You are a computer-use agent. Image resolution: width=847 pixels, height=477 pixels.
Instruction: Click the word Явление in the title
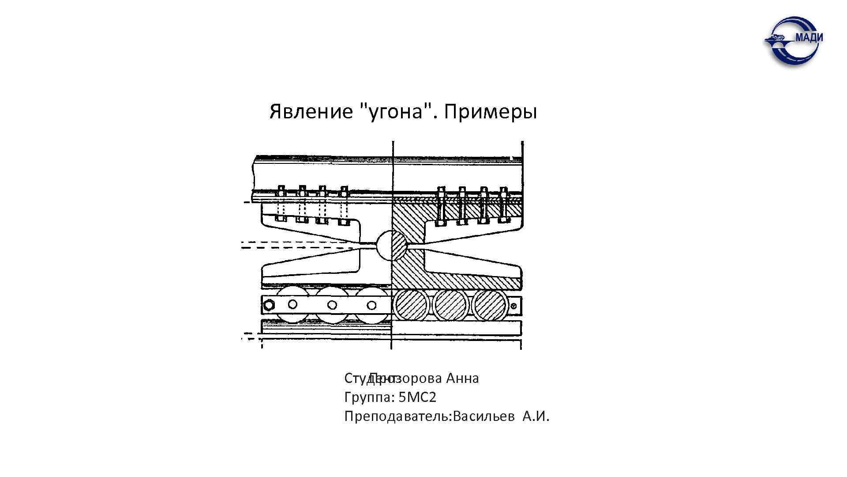[x=311, y=112]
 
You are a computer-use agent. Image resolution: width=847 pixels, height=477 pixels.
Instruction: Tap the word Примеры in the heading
[x=490, y=113]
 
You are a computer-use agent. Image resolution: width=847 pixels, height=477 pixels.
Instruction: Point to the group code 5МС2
[x=417, y=397]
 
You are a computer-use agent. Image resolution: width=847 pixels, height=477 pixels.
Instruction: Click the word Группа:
[x=369, y=397]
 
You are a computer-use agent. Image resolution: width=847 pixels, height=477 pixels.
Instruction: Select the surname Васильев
[x=483, y=416]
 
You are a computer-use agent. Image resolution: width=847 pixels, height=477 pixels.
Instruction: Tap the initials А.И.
[x=536, y=416]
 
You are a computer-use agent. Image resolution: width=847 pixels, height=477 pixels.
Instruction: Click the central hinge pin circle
[x=391, y=245]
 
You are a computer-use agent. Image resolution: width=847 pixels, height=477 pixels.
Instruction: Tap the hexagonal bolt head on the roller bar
[x=269, y=305]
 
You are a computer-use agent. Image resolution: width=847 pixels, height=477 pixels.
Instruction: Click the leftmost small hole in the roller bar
[x=292, y=304]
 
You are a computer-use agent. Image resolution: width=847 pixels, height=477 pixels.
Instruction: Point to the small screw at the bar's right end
[x=513, y=305]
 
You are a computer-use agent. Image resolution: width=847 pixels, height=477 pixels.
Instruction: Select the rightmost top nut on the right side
[x=503, y=193]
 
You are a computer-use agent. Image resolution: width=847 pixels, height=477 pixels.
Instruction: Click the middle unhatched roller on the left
[x=332, y=305]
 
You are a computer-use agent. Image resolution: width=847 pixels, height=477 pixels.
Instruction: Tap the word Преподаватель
[x=395, y=416]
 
